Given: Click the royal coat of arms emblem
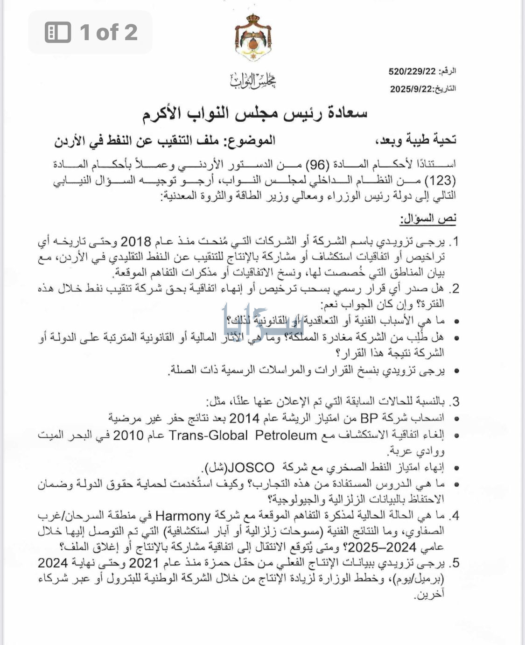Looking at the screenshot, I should pos(253,38).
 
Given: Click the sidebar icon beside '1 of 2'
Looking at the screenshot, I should pos(58,33).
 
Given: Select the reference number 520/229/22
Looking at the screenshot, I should pos(412,71).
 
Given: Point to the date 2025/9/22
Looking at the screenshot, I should pos(412,89).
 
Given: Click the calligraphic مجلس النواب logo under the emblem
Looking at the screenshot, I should pos(252,81).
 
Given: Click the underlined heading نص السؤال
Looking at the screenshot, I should pos(428,218).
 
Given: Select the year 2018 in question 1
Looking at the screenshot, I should pos(136,242).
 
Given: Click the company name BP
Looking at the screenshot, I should pos(369,418).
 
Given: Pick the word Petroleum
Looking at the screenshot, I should pos(286,435).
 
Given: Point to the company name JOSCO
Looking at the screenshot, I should pos(252,468).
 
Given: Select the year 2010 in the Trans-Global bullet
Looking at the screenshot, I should pos(128,435).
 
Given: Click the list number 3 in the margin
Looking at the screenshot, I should pos(455,401).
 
